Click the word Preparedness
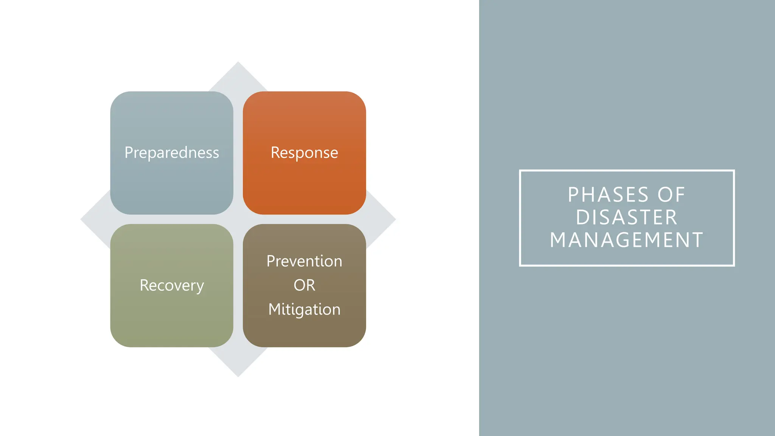coord(172,153)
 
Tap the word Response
coord(304,153)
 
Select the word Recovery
coord(172,285)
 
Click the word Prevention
coord(304,261)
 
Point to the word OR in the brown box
coord(304,285)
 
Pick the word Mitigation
coord(304,309)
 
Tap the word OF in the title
coord(671,195)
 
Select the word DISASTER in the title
coord(627,217)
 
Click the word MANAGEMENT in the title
coord(627,240)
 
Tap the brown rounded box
coord(304,333)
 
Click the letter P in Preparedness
coord(128,153)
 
